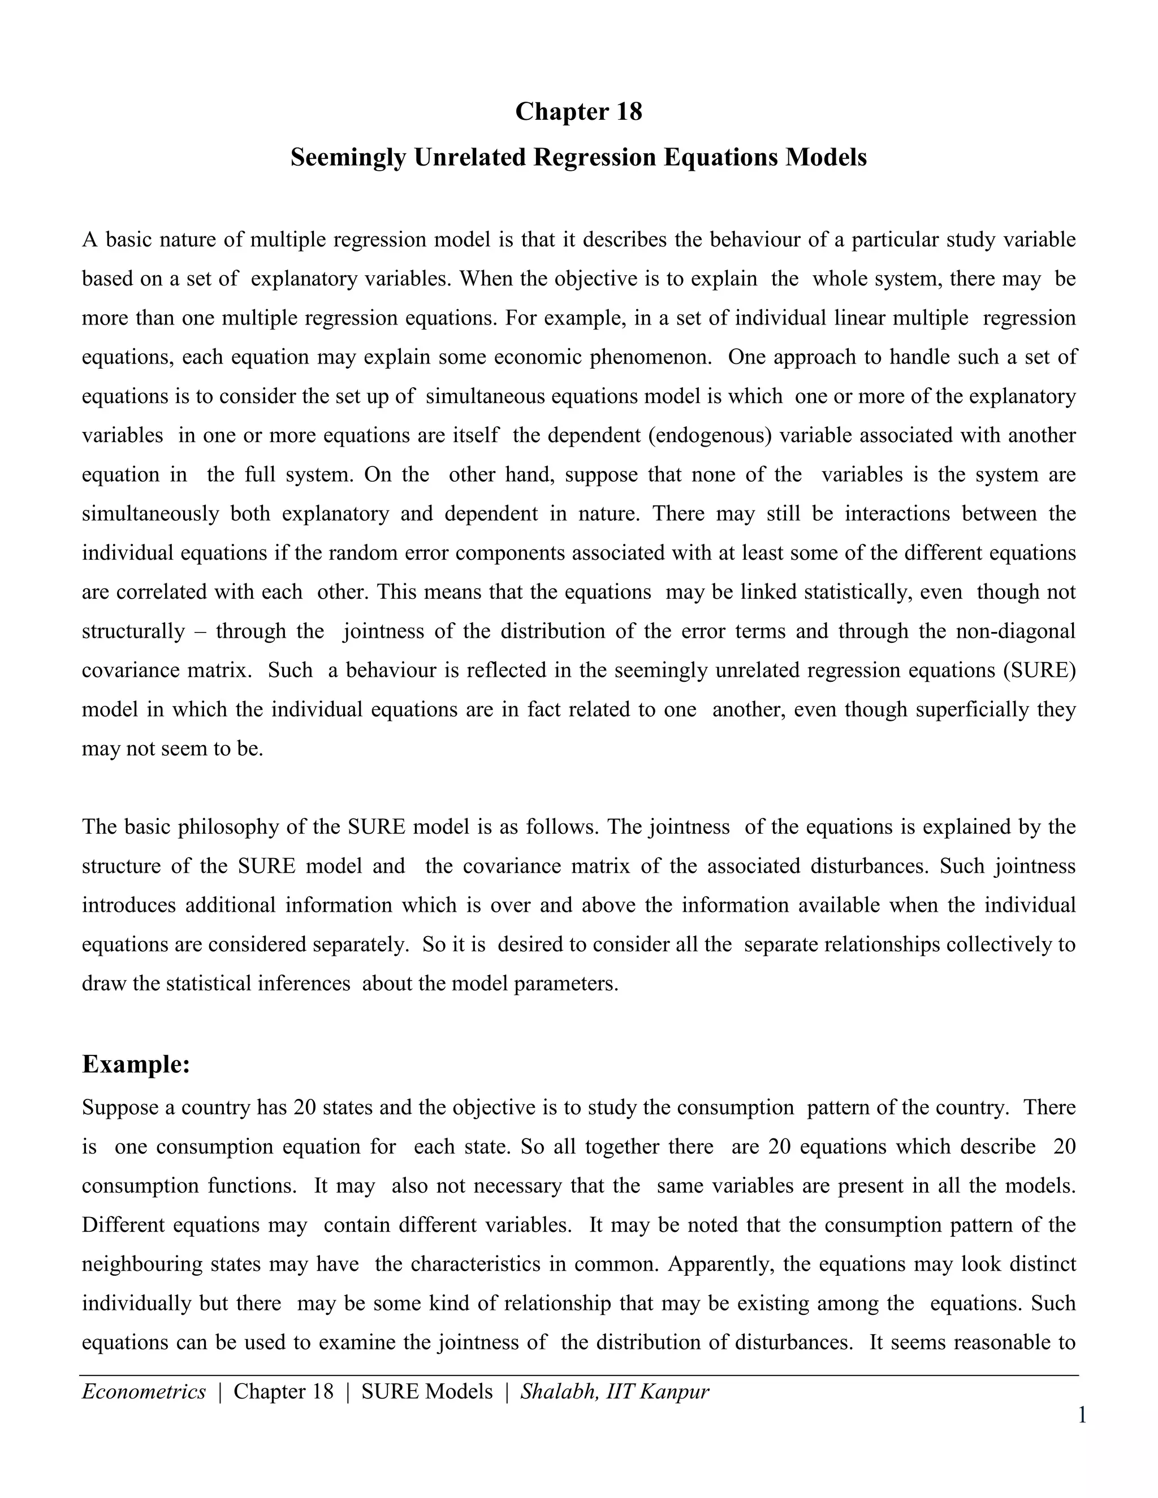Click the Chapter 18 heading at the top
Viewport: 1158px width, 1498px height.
[578, 112]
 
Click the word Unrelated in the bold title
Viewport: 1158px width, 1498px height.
[470, 158]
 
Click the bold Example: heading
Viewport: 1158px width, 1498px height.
[136, 1064]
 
